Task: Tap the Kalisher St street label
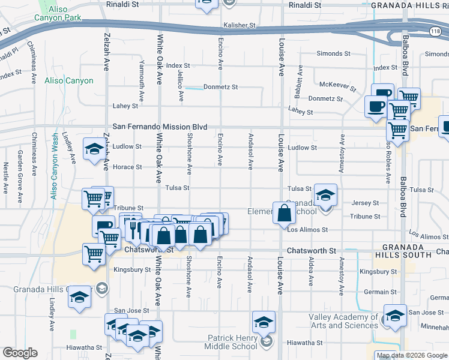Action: [x=240, y=26]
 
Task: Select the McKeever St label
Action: [x=339, y=84]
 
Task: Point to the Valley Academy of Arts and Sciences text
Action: [x=343, y=321]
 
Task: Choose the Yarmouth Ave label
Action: [x=142, y=80]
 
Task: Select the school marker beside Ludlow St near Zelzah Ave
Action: [x=94, y=149]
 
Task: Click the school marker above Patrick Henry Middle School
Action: [x=263, y=323]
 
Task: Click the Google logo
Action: [x=20, y=353]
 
